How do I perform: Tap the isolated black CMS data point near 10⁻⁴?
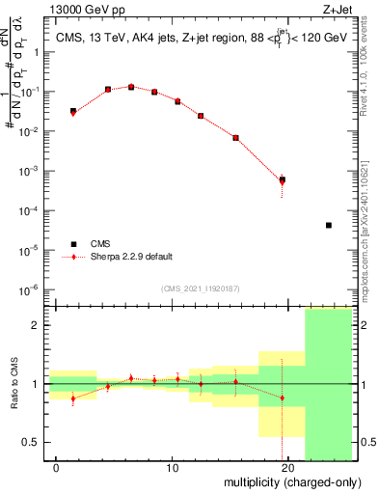click(329, 225)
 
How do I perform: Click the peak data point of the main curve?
click(131, 87)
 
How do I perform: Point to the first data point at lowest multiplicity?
click(73, 112)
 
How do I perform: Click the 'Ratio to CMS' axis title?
click(13, 383)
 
